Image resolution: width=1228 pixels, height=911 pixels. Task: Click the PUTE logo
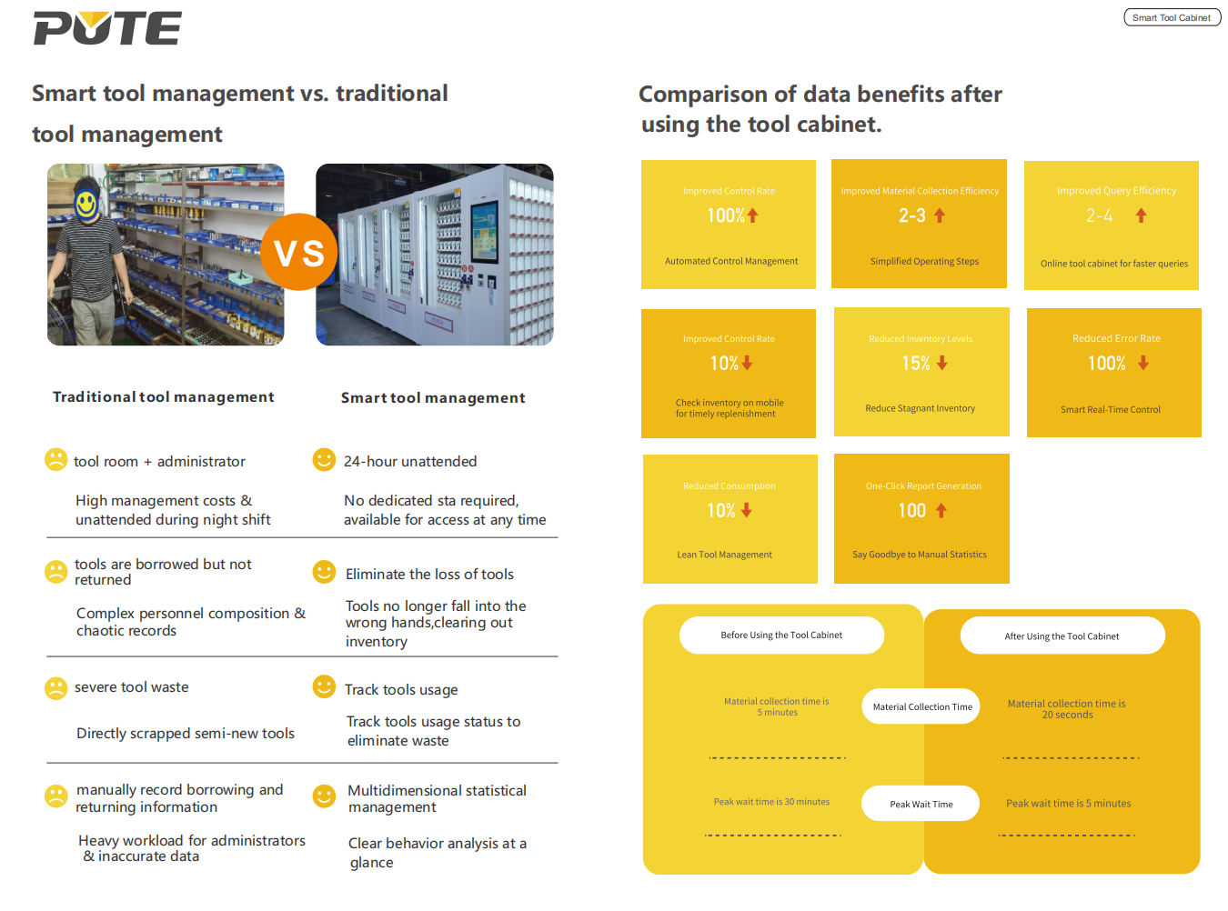[x=107, y=28]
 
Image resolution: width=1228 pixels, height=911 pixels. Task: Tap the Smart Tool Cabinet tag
[x=1172, y=17]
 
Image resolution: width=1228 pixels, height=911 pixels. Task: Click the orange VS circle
[x=299, y=253]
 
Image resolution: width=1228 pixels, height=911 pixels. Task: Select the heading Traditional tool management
[x=164, y=397]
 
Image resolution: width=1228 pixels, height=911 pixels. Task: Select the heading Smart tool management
[x=433, y=398]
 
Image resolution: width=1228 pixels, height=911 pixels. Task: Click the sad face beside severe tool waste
[x=56, y=688]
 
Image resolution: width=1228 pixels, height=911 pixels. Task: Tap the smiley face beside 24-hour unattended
[x=324, y=460]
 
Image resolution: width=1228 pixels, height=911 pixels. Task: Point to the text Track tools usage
[x=401, y=690]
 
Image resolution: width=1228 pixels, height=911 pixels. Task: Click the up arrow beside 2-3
[x=940, y=215]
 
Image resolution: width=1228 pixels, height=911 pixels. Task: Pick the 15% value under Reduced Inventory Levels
[x=916, y=364]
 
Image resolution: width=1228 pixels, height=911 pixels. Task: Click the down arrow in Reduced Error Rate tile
[x=1143, y=363]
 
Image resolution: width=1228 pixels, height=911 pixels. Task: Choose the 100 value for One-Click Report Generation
[x=912, y=511]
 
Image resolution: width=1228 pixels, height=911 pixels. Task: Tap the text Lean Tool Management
[x=724, y=555]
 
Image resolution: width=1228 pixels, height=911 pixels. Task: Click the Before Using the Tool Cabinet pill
[x=781, y=636]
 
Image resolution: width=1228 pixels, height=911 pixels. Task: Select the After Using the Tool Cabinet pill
[x=1062, y=636]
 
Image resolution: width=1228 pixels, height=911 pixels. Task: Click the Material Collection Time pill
[x=921, y=707]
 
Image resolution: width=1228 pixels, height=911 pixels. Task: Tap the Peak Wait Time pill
[x=921, y=805]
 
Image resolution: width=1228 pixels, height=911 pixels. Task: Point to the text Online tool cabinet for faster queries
[x=1113, y=264]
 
